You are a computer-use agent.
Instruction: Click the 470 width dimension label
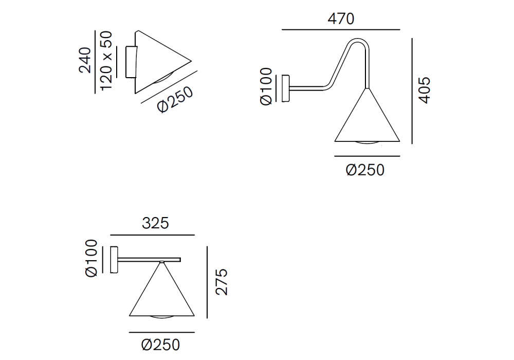[x=341, y=19]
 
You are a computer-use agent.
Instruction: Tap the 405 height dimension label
[x=424, y=91]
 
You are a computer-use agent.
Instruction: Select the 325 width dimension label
[x=155, y=223]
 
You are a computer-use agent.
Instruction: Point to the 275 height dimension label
[x=222, y=282]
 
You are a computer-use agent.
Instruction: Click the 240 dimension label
[x=85, y=60]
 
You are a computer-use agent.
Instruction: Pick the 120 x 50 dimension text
[x=106, y=61]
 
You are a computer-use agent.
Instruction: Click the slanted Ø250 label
[x=175, y=100]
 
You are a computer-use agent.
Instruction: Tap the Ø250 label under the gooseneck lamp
[x=365, y=170]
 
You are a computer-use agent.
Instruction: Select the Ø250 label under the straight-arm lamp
[x=160, y=345]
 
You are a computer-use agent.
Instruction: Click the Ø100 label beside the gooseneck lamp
[x=266, y=86]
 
